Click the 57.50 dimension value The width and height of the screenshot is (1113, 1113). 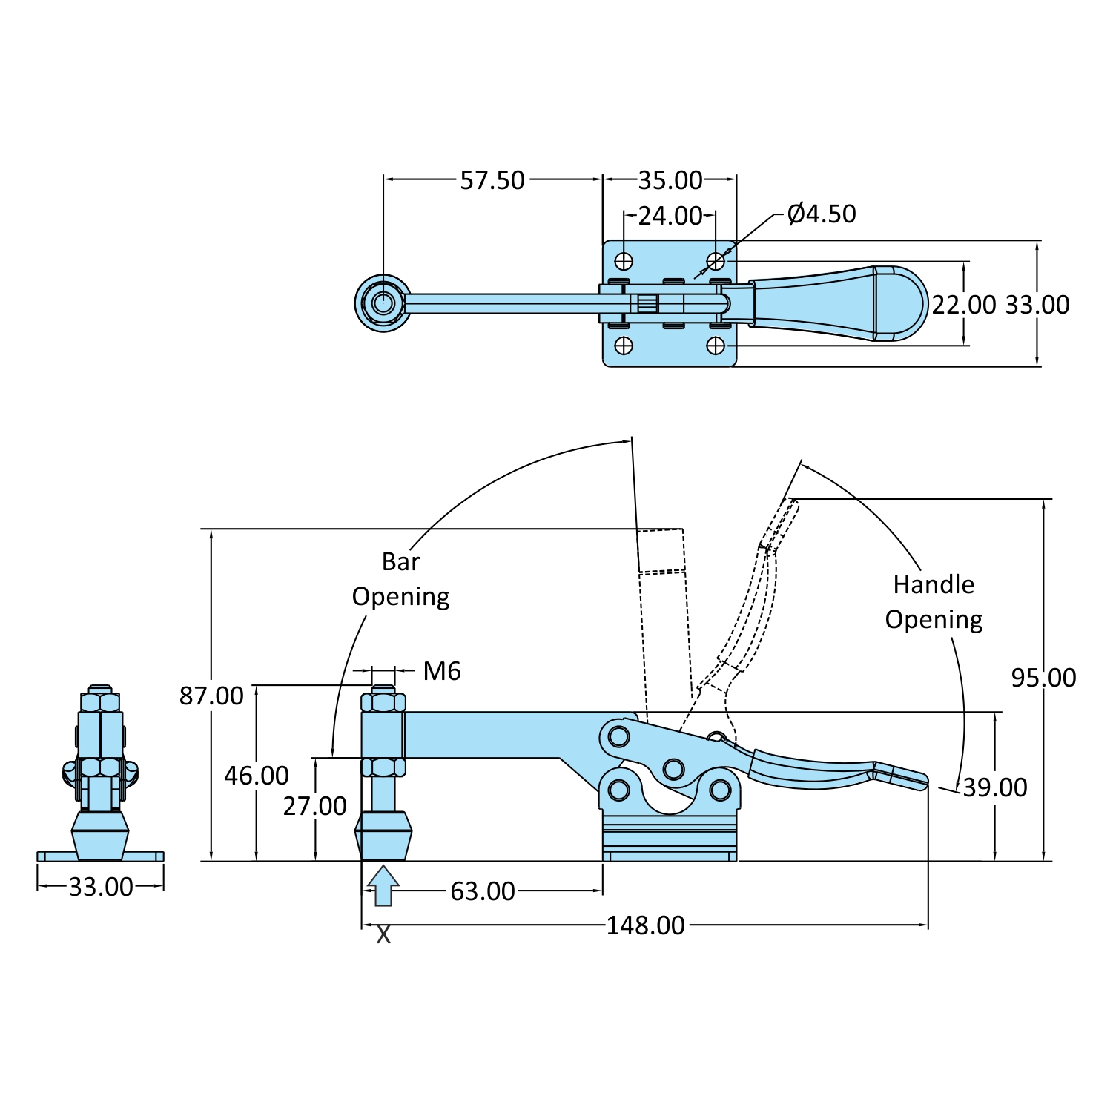point(492,180)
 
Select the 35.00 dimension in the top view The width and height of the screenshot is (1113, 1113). point(670,180)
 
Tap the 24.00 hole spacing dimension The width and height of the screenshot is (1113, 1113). point(670,216)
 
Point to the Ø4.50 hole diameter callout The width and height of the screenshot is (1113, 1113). point(822,214)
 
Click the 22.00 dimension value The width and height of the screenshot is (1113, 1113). point(964,305)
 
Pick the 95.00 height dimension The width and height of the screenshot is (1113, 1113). point(1044,678)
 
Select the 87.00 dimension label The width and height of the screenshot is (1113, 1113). point(211,696)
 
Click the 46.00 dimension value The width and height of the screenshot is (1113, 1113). point(257,776)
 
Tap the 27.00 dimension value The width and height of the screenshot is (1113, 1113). point(315,806)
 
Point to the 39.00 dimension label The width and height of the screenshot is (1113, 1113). point(995,787)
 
